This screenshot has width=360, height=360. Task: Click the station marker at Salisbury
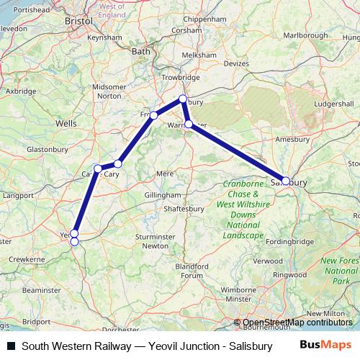[x=286, y=181]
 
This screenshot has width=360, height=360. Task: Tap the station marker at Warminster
[x=189, y=124]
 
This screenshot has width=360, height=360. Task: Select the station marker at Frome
[x=153, y=115]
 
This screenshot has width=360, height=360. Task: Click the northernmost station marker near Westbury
[x=183, y=99]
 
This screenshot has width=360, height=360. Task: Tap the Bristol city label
[x=78, y=22]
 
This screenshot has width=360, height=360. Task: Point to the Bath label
[x=141, y=51]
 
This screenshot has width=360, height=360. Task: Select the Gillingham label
[x=162, y=195]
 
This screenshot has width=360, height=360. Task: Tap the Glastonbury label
[x=47, y=149]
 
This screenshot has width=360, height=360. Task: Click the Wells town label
[x=66, y=124]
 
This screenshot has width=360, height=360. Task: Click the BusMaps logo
[x=325, y=346]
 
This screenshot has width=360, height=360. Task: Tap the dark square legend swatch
[x=11, y=346]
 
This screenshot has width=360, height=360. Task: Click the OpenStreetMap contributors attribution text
[x=297, y=323]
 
